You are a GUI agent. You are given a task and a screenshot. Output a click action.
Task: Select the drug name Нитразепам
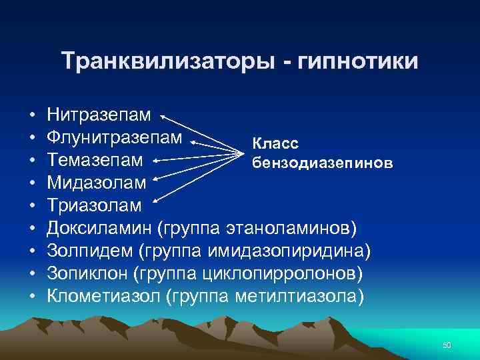point(99,115)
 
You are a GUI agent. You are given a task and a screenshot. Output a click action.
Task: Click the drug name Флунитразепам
point(114,138)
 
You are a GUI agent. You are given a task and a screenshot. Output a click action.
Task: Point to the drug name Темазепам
point(95,161)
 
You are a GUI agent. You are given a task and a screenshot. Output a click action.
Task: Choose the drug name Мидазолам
point(95,183)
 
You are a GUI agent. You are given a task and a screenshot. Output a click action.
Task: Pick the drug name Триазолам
point(94,206)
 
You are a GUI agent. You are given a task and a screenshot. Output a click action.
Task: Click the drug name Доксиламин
point(99,229)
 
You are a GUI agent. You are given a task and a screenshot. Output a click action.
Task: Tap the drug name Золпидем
point(91,251)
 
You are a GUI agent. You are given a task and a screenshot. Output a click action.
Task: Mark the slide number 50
point(447,345)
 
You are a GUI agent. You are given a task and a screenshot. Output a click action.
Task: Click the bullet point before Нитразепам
point(32,116)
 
